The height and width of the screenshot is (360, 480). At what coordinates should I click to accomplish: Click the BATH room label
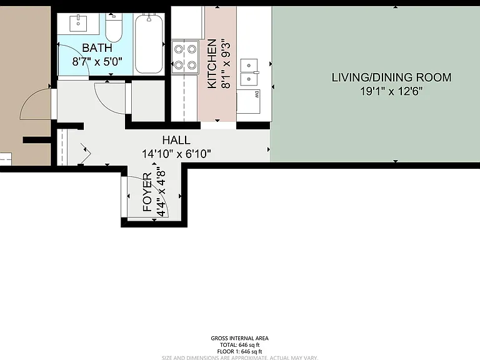pyautogui.click(x=97, y=47)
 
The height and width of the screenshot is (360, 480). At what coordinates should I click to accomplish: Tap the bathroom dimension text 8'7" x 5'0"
pyautogui.click(x=97, y=61)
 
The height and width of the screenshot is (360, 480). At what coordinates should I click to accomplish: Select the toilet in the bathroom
pyautogui.click(x=114, y=27)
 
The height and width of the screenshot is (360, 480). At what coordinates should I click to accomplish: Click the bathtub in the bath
pyautogui.click(x=149, y=44)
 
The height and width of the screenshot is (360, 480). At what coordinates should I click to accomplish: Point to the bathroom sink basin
pyautogui.click(x=78, y=23)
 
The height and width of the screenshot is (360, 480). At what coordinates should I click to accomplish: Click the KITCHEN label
pyautogui.click(x=212, y=64)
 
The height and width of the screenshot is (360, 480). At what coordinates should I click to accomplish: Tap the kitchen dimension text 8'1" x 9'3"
pyautogui.click(x=226, y=64)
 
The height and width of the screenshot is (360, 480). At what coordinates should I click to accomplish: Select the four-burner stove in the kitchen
pyautogui.click(x=185, y=57)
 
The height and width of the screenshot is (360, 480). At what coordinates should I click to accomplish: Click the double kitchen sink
pyautogui.click(x=249, y=72)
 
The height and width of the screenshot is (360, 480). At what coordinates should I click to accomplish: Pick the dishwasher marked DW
pyautogui.click(x=248, y=102)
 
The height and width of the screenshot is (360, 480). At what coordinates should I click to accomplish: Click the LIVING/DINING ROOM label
pyautogui.click(x=391, y=77)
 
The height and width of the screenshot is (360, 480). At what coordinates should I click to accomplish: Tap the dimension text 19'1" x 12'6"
pyautogui.click(x=391, y=91)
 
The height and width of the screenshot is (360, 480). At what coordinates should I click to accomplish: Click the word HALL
pyautogui.click(x=176, y=140)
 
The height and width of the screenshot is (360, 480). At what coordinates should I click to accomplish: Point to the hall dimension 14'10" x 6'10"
pyautogui.click(x=176, y=154)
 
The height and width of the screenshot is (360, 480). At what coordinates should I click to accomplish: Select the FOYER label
pyautogui.click(x=147, y=192)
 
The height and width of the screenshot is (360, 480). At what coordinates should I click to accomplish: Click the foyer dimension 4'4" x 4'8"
pyautogui.click(x=161, y=192)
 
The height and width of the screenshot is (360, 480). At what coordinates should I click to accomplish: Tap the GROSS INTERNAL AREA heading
pyautogui.click(x=240, y=338)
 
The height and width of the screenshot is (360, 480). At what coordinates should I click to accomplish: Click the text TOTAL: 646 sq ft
pyautogui.click(x=240, y=345)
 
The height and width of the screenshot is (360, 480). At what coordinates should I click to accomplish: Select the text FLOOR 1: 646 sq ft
pyautogui.click(x=240, y=352)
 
